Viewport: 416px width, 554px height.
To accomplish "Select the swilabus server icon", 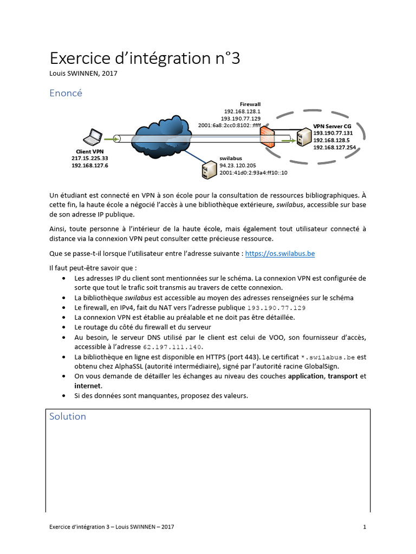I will pyautogui.click(x=206, y=169).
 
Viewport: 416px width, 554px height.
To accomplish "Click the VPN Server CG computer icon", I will pyautogui.click(x=303, y=136).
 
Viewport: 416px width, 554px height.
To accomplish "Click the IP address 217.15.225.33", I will pyautogui.click(x=90, y=158).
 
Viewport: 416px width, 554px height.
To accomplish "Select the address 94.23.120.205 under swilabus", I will pyautogui.click(x=238, y=166).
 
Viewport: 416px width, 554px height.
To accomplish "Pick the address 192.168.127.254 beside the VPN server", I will pyautogui.click(x=335, y=147).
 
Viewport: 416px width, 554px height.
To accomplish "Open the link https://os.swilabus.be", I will pyautogui.click(x=280, y=253).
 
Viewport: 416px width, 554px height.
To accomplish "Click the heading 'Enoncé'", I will pyautogui.click(x=66, y=93).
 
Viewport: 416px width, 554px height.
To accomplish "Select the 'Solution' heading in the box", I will pyautogui.click(x=68, y=416).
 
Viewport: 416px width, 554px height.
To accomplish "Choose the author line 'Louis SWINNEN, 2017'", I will pyautogui.click(x=83, y=74).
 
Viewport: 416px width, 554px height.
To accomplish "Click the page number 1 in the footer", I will pyautogui.click(x=365, y=526).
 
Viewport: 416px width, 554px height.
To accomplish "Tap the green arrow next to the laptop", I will pyautogui.click(x=111, y=139).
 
